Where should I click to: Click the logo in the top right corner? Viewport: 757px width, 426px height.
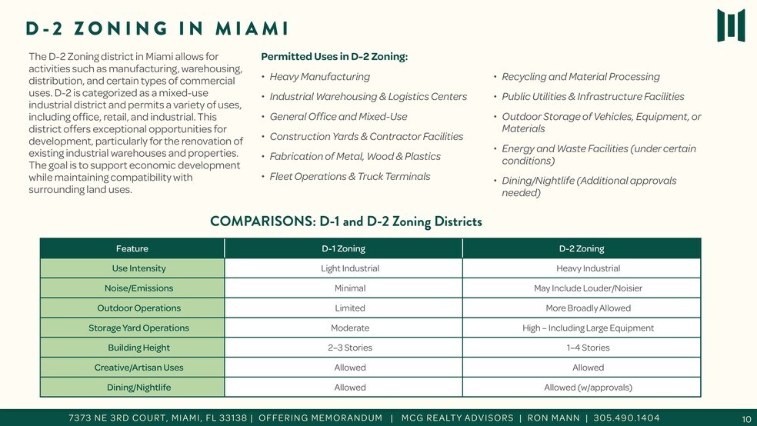coord(730,25)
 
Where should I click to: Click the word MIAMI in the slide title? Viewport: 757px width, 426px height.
coord(252,29)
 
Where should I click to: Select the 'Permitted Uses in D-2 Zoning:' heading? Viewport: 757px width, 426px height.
coord(334,57)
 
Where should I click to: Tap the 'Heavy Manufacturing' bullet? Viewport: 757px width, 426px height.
coord(319,77)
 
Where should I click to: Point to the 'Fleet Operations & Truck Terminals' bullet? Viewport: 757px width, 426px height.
coord(349,177)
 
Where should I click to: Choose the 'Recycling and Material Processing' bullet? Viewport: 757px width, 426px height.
coord(580,77)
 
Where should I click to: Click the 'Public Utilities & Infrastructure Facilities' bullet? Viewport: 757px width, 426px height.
coord(592,97)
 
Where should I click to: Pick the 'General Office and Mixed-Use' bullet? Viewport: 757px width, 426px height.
coord(338,117)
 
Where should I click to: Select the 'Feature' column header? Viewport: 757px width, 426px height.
coord(132,248)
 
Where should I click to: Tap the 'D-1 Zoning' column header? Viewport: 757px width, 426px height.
coord(343,248)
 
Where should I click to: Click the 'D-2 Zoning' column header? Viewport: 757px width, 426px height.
coord(581,248)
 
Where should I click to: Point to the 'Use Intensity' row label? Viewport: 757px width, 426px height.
coord(138,268)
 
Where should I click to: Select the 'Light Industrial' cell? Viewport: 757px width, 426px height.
coord(349,268)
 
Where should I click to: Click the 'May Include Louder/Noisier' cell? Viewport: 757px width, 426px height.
coord(588,288)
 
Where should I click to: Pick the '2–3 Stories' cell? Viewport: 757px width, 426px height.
coord(349,348)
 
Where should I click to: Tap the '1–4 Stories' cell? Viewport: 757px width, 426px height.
coord(588,348)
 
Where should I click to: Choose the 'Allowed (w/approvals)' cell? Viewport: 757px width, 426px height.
coord(588,388)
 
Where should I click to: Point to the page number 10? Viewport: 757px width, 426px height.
coord(745,419)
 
